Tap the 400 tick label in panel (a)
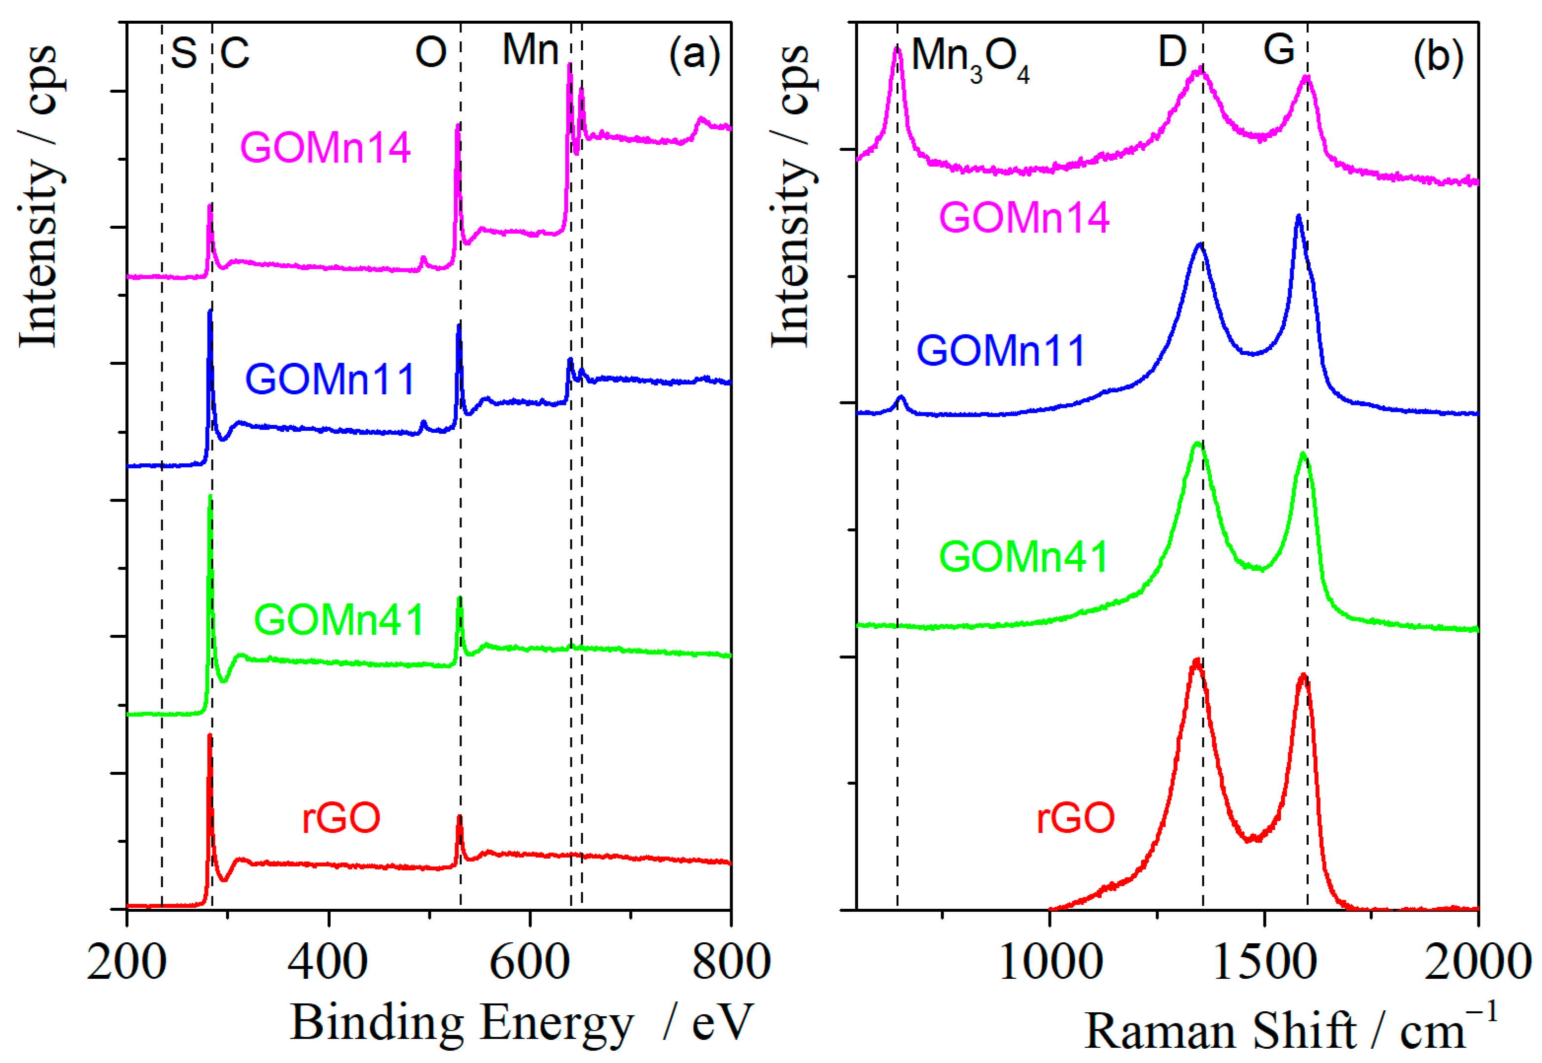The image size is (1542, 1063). coord(328,962)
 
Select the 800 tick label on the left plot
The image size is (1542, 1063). coord(731,962)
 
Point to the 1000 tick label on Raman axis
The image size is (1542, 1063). coord(1051,962)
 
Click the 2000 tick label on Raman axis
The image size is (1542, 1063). coord(1477,962)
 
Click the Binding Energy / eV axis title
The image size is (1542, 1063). coord(521,1023)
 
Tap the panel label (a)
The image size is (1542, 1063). coord(694,53)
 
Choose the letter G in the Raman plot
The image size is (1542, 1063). coord(1279,50)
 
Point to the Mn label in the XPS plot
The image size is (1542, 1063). coord(530,50)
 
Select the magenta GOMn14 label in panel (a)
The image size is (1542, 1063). coord(325,148)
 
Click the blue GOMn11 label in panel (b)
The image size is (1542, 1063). coord(1000,351)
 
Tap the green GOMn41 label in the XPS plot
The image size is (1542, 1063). coord(339,620)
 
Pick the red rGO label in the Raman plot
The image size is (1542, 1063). coord(1075,818)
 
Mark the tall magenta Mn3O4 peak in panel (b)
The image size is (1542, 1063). coord(897,50)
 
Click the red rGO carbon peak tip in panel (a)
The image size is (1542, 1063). coord(210,735)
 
